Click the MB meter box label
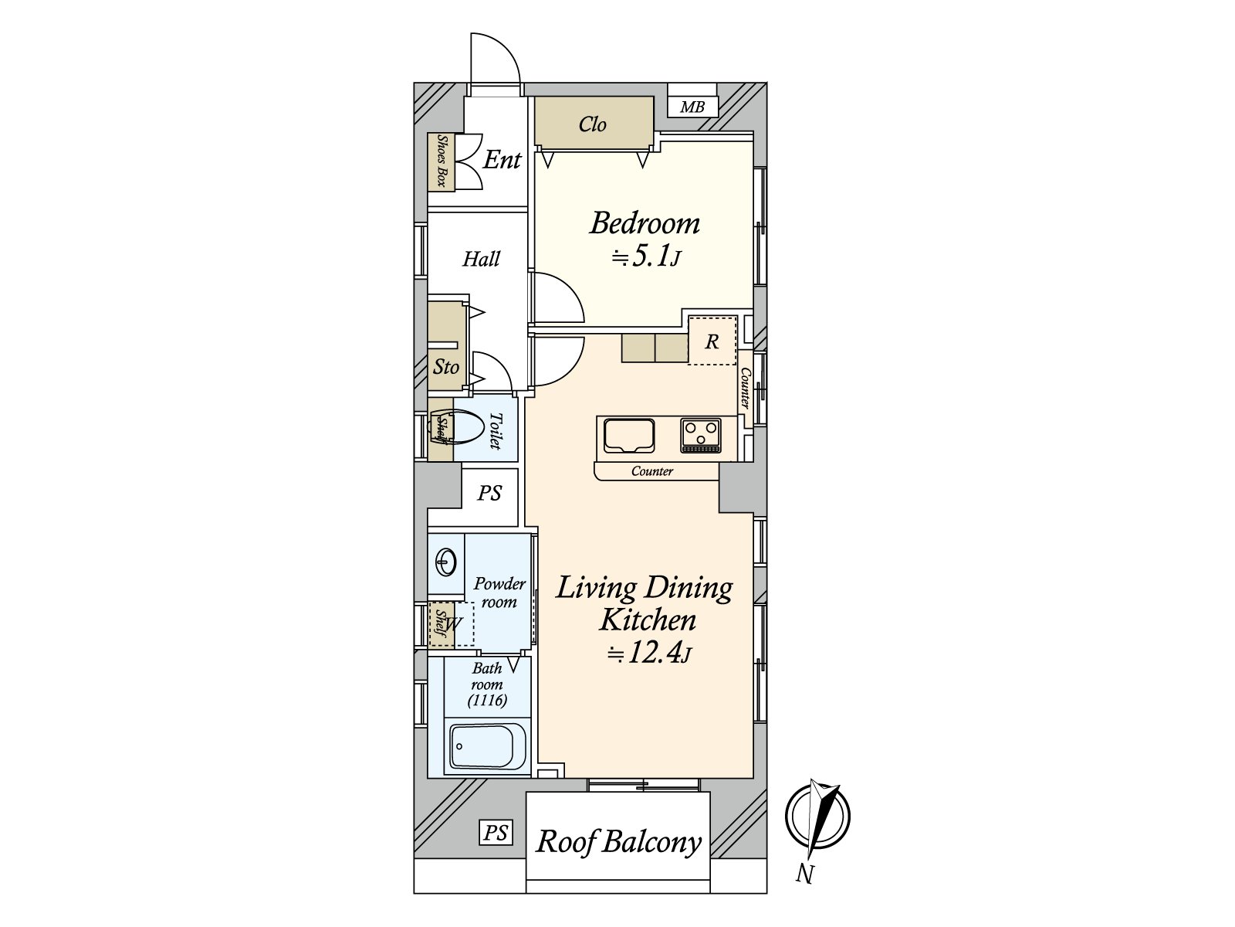692,107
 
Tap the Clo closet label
593,124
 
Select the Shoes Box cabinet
441,161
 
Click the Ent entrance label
502,160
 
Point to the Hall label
481,259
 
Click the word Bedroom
645,223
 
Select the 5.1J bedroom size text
647,257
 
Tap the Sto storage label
445,367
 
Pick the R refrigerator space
712,341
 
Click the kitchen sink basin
628,435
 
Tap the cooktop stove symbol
701,434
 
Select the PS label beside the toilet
489,494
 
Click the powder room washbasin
445,562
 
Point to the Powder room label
499,593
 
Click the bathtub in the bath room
488,747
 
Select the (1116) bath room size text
487,700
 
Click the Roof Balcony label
618,843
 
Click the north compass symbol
817,816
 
